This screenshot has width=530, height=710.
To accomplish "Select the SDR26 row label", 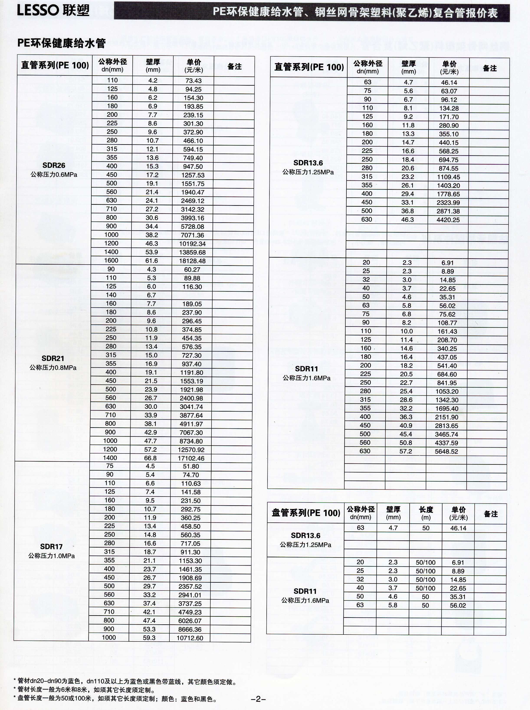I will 54,165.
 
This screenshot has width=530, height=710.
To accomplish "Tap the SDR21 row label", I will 53,358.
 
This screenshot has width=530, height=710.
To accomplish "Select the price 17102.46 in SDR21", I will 191,458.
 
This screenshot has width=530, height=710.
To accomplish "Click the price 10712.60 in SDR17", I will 190,638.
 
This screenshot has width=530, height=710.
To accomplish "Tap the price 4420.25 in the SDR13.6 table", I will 448,220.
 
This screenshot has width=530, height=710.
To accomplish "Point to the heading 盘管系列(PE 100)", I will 306,513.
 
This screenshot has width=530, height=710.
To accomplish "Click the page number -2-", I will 258,699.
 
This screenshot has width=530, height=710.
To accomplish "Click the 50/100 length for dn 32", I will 425,579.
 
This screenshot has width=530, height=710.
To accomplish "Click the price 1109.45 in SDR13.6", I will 448,177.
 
